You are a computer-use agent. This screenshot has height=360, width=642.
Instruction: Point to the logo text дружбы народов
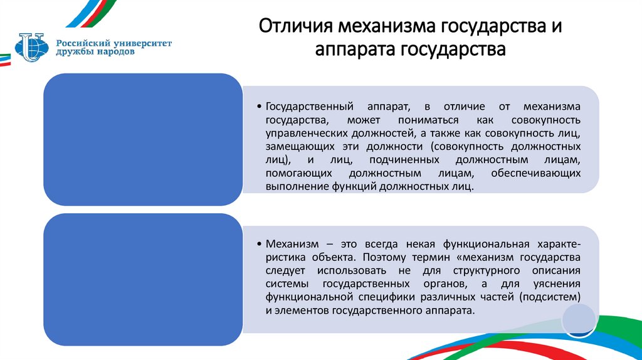[x=95, y=53]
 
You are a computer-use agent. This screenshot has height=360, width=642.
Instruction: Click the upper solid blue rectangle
[x=142, y=139]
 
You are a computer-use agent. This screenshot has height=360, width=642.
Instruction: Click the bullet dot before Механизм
[x=260, y=243]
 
